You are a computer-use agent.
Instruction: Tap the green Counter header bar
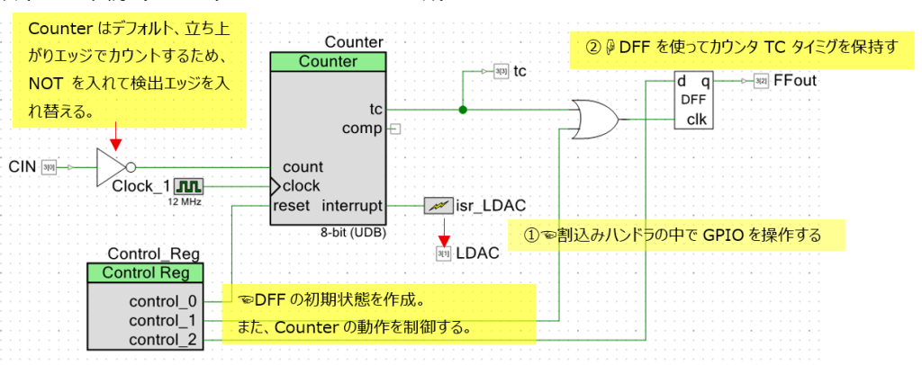point(328,62)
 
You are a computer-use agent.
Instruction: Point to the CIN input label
point(23,167)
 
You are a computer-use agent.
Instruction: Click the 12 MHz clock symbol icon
point(189,186)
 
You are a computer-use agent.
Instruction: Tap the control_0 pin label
point(162,300)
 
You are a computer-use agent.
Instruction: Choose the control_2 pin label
point(162,339)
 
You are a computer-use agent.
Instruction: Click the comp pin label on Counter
point(363,129)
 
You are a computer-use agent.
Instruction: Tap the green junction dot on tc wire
point(463,110)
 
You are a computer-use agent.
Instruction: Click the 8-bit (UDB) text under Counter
point(354,231)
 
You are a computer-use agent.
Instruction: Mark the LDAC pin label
point(475,254)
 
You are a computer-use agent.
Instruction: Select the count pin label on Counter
point(303,167)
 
